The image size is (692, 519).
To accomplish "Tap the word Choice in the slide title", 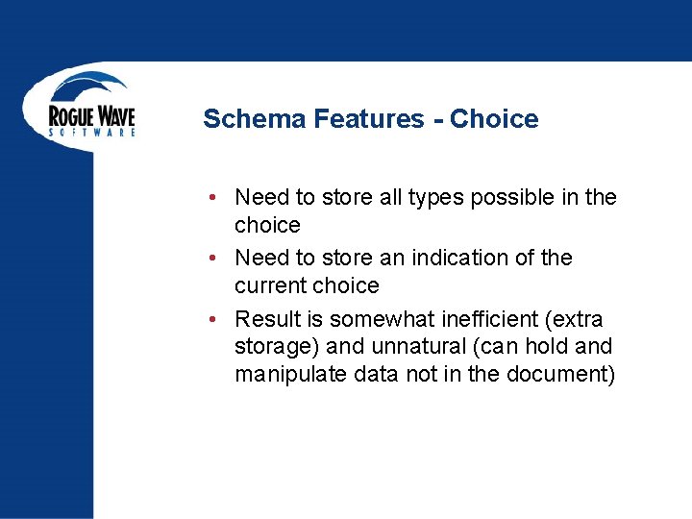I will pyautogui.click(x=494, y=119).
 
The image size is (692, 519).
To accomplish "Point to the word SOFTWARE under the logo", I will pyautogui.click(x=92, y=133).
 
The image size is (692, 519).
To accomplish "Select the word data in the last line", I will pyautogui.click(x=377, y=374).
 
